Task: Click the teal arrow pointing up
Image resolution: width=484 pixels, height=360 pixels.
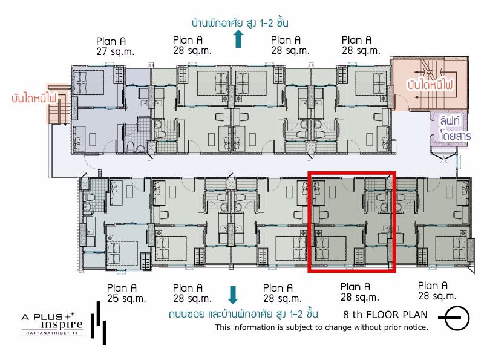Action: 238,39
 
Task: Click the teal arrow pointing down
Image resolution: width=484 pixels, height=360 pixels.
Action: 233,295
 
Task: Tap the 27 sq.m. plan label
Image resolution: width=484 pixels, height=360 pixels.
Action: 115,47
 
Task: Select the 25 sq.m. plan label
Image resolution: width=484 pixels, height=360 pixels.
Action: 126,293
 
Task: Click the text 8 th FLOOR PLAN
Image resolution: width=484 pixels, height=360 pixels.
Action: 385,315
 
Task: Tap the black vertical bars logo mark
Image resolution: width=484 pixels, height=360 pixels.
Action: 99,323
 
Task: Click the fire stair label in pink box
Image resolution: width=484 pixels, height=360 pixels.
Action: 430,84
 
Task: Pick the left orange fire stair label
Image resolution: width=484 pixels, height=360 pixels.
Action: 34,98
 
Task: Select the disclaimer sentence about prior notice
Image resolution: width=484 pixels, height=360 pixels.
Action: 322,327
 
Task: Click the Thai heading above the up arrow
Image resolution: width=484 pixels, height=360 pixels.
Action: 240,23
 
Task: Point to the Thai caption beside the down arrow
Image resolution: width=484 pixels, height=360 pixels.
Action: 243,314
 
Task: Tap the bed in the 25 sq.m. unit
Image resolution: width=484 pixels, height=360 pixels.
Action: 122,250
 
